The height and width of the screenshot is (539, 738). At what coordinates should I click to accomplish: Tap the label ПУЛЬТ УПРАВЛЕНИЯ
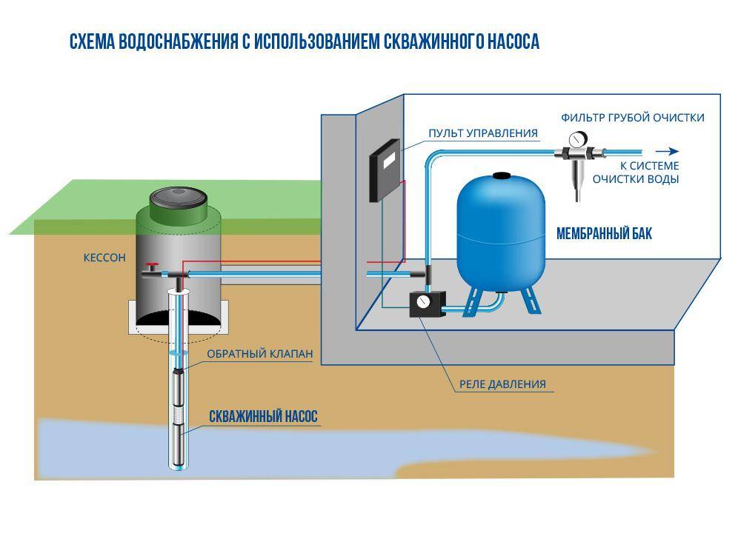482,133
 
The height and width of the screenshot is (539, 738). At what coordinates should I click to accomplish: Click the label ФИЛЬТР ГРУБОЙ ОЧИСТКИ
632,118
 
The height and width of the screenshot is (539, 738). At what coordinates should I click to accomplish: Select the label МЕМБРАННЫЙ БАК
604,234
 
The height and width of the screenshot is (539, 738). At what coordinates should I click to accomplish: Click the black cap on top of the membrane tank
502,176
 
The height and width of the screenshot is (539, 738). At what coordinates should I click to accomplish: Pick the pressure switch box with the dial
427,304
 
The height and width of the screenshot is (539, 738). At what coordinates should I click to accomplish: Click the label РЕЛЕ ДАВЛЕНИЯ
502,384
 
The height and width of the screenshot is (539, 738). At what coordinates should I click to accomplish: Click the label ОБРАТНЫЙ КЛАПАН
259,354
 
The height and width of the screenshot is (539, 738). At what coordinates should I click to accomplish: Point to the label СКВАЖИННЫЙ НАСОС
263,417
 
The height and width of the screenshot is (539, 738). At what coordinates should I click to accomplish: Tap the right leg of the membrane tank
531,300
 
